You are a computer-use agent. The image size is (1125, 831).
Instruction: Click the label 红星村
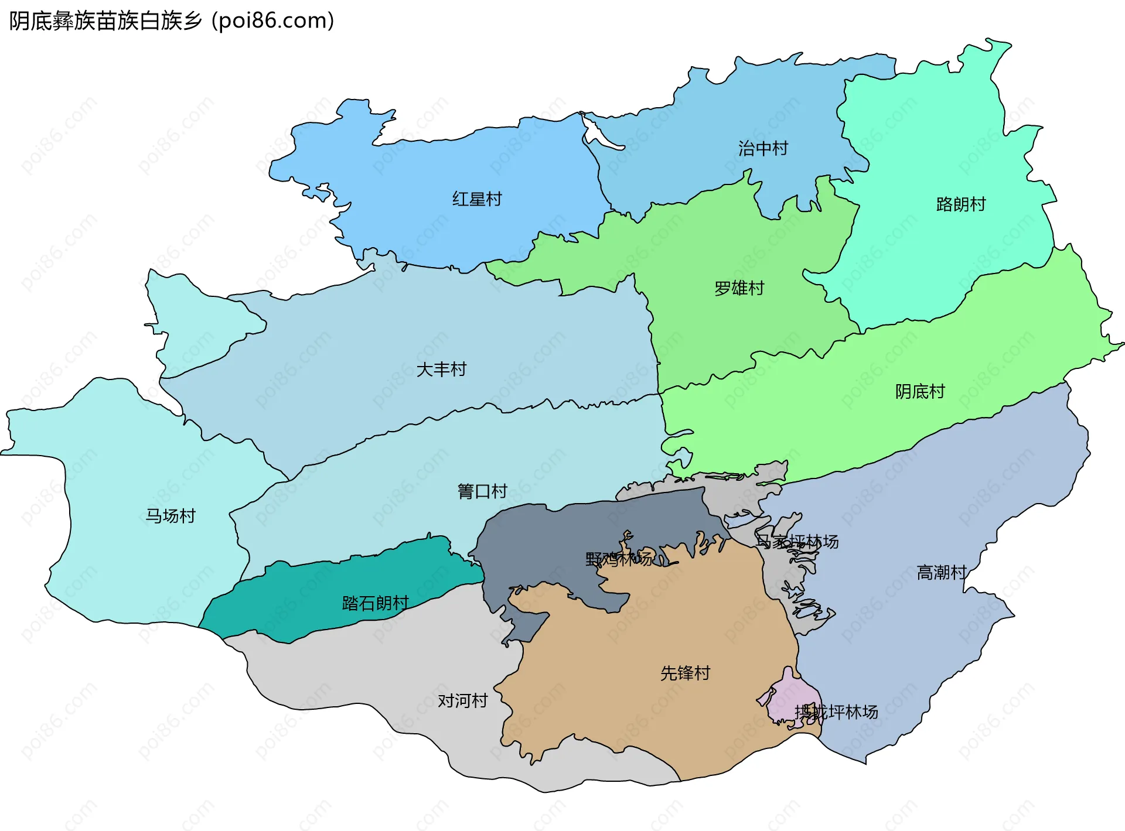click(477, 199)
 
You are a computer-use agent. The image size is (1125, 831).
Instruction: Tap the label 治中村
click(763, 149)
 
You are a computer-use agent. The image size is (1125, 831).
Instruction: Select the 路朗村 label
click(961, 204)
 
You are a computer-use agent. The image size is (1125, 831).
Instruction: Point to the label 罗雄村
click(739, 288)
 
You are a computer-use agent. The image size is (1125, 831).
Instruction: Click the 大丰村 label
click(441, 370)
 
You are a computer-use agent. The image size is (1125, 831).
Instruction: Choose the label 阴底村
click(920, 391)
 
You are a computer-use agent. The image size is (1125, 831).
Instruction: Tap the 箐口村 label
click(482, 491)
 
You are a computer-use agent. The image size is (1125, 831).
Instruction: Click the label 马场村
click(170, 516)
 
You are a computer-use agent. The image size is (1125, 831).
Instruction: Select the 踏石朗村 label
click(375, 603)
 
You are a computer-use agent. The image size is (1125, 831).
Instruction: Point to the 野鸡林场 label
click(619, 559)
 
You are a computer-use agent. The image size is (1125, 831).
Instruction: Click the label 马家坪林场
click(797, 542)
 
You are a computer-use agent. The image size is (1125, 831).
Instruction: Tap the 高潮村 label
click(941, 572)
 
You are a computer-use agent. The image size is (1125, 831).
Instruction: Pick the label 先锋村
click(685, 673)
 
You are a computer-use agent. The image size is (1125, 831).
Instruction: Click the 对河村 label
click(462, 700)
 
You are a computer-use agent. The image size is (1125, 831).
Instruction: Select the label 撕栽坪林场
click(836, 712)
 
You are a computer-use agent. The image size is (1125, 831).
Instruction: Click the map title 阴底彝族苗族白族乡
click(105, 21)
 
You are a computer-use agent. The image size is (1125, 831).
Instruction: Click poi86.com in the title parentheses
click(273, 21)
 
